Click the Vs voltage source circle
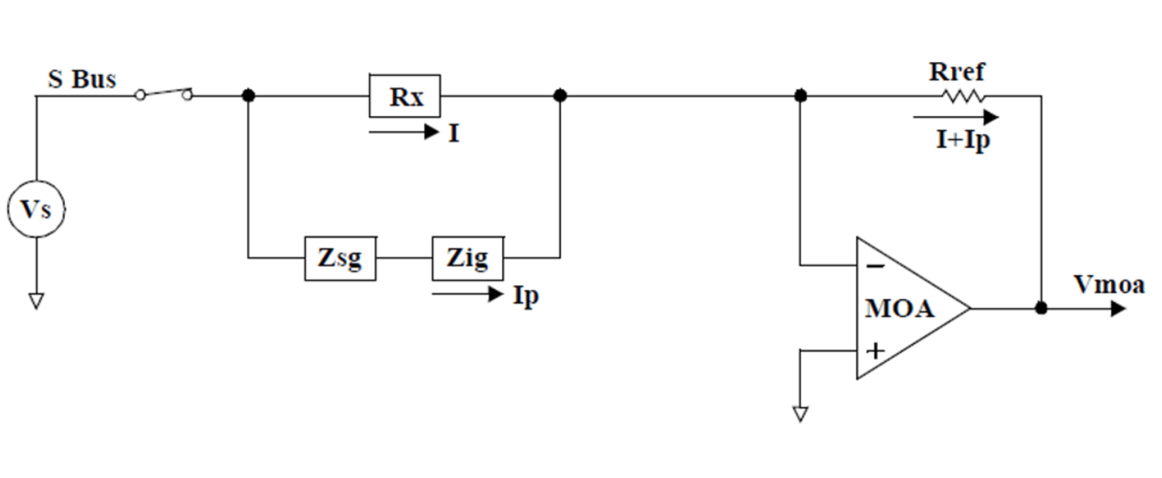point(36,209)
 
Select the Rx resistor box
point(404,96)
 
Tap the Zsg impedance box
point(340,259)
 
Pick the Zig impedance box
point(467,259)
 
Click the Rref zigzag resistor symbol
point(964,96)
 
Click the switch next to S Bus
point(163,95)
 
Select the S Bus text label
point(83,79)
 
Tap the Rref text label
point(957,72)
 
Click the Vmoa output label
point(1109,285)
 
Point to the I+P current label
point(963,141)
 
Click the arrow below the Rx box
point(404,132)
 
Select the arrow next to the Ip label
point(467,294)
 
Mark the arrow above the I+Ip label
point(955,118)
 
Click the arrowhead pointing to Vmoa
point(1117,308)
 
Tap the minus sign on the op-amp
point(875,267)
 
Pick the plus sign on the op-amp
point(875,351)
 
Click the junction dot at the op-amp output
point(1042,308)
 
